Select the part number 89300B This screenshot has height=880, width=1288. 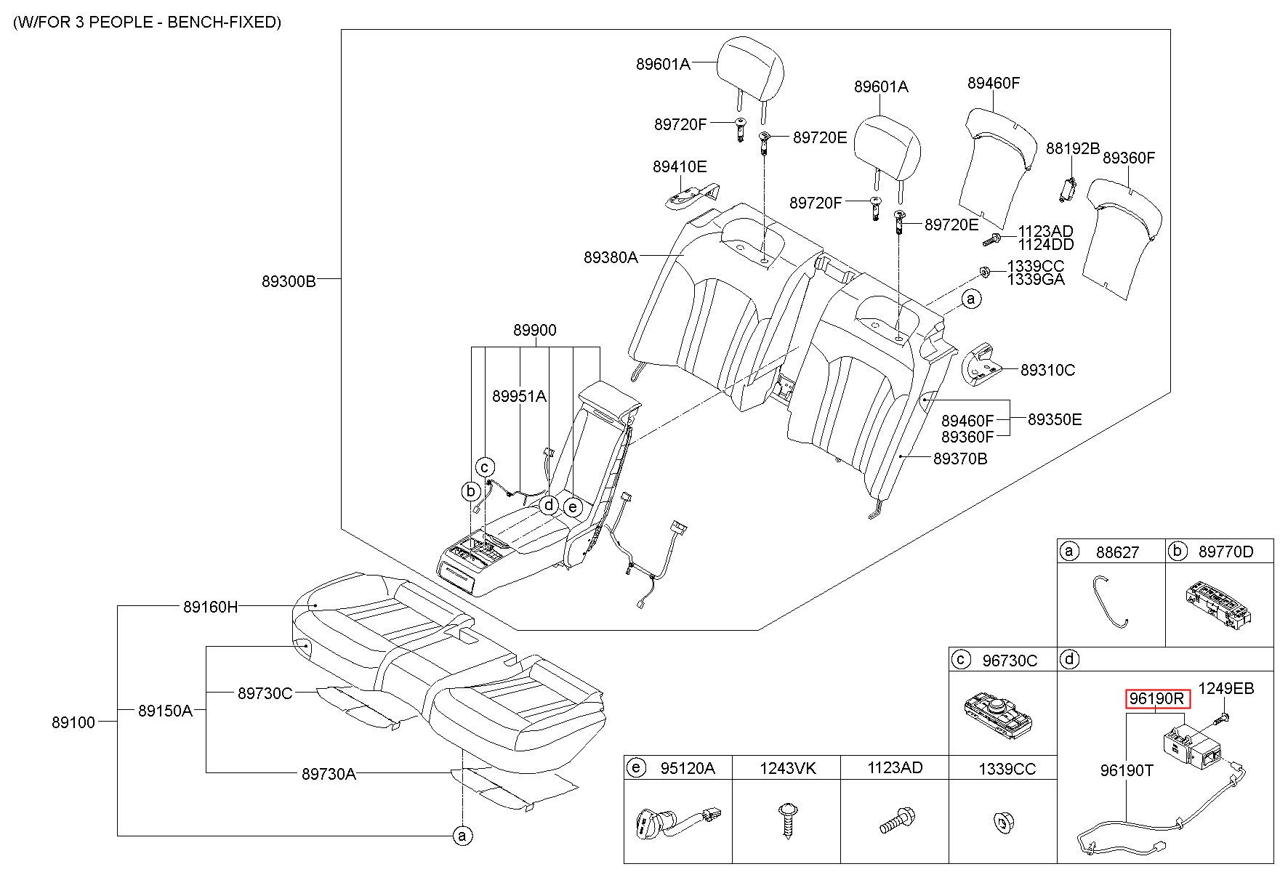click(289, 281)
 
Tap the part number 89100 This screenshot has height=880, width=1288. click(73, 722)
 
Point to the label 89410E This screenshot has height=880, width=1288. click(679, 166)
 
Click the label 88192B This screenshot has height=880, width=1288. click(1072, 148)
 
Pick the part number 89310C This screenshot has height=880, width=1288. click(1047, 370)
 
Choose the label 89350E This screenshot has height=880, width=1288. click(1055, 419)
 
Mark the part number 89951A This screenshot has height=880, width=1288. click(519, 396)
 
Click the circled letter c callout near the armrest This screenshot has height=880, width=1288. click(485, 467)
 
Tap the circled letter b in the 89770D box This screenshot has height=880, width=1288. click(1177, 551)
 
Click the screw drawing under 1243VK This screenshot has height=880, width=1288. click(786, 820)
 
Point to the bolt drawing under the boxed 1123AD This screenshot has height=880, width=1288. click(895, 820)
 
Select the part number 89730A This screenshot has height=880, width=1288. click(329, 774)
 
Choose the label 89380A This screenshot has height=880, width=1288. click(610, 257)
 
